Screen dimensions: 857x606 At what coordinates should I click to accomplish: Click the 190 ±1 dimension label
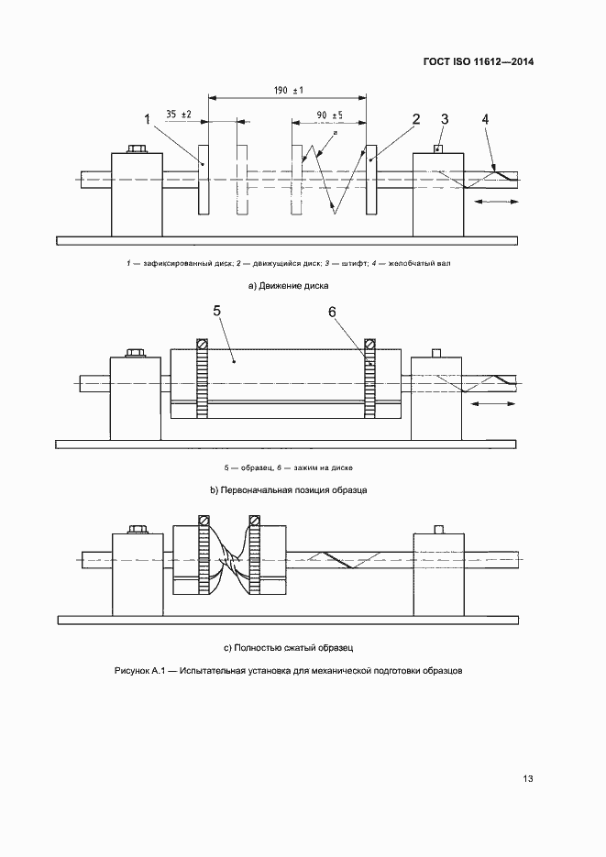pos(289,90)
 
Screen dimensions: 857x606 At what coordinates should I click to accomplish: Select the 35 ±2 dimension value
pos(179,115)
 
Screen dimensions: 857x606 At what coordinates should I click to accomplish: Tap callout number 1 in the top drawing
pos(147,119)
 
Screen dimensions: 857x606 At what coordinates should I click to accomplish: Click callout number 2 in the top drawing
pos(415,119)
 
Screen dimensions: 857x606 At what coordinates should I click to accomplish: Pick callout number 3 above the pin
pos(445,119)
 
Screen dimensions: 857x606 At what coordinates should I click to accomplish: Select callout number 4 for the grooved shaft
pos(485,119)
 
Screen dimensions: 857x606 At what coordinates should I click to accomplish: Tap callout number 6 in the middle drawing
pos(333,312)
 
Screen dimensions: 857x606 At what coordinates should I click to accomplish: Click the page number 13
pos(527,779)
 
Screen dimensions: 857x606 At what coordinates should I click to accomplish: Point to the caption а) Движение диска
pos(288,286)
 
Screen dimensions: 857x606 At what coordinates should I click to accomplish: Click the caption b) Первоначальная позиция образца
pos(288,490)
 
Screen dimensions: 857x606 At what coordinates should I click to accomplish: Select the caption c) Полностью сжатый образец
pos(288,647)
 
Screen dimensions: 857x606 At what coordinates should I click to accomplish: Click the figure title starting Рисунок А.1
pos(288,671)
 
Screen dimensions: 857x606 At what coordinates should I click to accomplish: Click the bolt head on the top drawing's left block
pos(138,148)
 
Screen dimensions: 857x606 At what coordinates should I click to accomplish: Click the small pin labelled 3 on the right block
pos(439,148)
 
